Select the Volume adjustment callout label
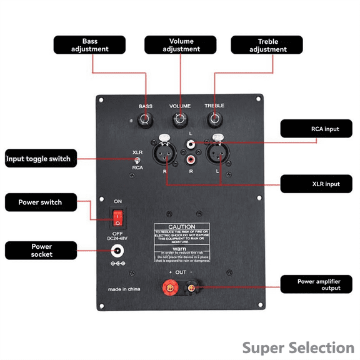pyautogui.click(x=181, y=45)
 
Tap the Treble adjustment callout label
pyautogui.click(x=267, y=45)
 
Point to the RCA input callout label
pyautogui.click(x=319, y=129)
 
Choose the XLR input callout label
pyautogui.click(x=319, y=184)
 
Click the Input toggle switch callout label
pyautogui.click(x=41, y=159)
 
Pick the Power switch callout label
pyautogui.click(x=41, y=202)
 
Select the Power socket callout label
pyautogui.click(x=41, y=251)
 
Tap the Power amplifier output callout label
pyautogui.click(x=319, y=284)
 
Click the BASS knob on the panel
pyautogui.click(x=146, y=119)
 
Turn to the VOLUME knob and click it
pyautogui.click(x=181, y=119)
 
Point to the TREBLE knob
pyautogui.click(x=214, y=119)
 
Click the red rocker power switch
pyautogui.click(x=117, y=217)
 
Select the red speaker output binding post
pyautogui.click(x=167, y=287)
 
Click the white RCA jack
pyautogui.click(x=190, y=144)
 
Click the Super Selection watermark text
pyautogui.click(x=297, y=347)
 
